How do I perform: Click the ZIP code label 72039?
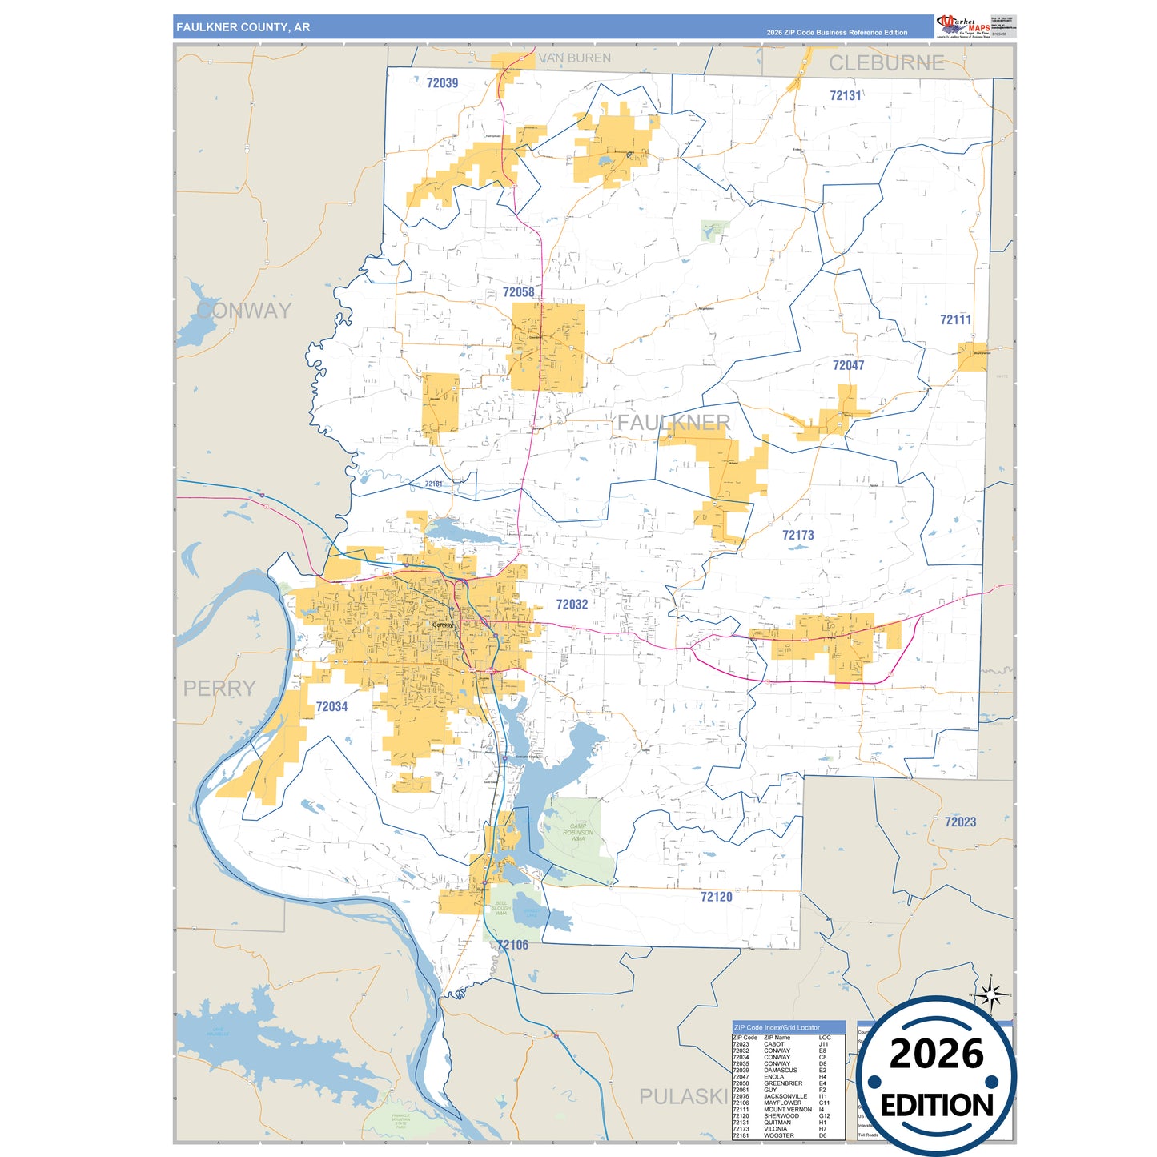click(442, 83)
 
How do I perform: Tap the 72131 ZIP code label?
click(845, 96)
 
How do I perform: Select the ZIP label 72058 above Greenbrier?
click(518, 292)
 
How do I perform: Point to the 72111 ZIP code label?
click(955, 320)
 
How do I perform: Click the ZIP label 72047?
click(848, 365)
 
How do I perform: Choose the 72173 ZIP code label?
click(797, 535)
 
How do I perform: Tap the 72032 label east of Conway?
click(572, 605)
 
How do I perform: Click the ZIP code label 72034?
click(331, 706)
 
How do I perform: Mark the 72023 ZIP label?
click(960, 822)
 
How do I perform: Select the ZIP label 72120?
click(716, 897)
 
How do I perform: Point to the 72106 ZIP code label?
click(512, 945)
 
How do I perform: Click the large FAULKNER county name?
click(673, 423)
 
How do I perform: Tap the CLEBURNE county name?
click(886, 63)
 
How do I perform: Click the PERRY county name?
click(219, 689)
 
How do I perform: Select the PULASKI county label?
click(683, 1096)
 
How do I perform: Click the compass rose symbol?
click(991, 995)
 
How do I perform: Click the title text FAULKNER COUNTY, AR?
click(243, 27)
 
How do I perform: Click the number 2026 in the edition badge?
click(936, 1054)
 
